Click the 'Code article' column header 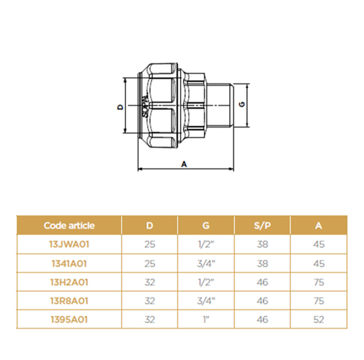click(69, 225)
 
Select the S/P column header click(262, 225)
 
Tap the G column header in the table click(206, 225)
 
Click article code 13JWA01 click(69, 244)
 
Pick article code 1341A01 click(69, 263)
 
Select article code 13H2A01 click(69, 282)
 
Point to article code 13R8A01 click(69, 301)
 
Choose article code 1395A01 click(69, 320)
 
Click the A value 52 click(318, 320)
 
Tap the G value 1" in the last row click(206, 320)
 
